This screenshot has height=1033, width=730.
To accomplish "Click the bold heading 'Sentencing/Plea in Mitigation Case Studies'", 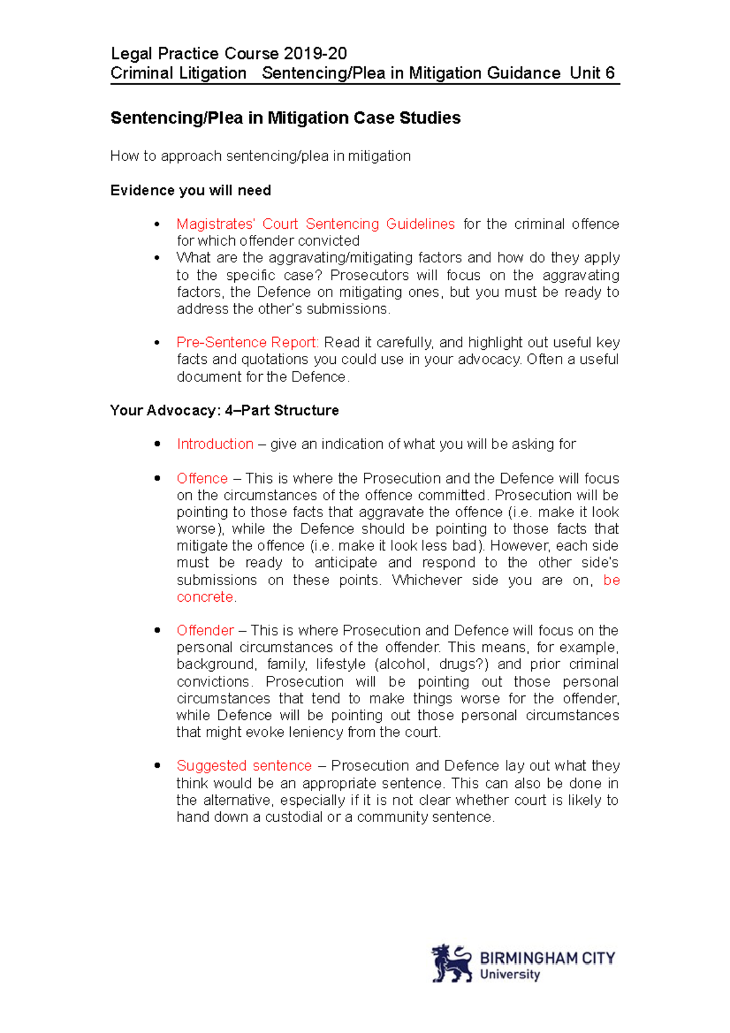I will pos(285,118).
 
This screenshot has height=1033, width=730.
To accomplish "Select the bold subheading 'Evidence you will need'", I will pos(190,190).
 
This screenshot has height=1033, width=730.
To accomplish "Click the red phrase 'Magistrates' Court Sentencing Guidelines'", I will pos(315,224).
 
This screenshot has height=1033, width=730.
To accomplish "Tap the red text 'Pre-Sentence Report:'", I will pos(248,342).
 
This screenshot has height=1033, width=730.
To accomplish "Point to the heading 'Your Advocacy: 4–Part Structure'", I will pos(224,411).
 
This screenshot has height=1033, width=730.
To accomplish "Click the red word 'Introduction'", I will pos(215,444).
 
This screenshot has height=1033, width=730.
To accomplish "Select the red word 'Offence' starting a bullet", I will pos(202,478).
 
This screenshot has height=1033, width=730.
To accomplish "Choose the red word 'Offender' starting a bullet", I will pos(205,630).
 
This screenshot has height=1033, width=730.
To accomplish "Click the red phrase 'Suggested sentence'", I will pos(244,765).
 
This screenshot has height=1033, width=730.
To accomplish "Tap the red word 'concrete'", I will pos(205,597).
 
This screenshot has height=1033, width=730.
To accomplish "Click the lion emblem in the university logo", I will pos(451,964).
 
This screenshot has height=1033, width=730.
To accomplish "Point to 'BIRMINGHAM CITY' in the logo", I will pos(547,958).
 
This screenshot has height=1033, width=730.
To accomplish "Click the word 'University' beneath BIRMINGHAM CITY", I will pos(510,975).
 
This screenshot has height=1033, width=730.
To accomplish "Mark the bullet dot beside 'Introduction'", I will pos(158,444).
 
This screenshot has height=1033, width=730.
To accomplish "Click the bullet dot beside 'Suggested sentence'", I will pos(158,765).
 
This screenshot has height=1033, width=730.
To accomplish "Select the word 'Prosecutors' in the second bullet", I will pos(369,275).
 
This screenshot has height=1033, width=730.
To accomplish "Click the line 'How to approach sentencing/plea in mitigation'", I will pos(260,156).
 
